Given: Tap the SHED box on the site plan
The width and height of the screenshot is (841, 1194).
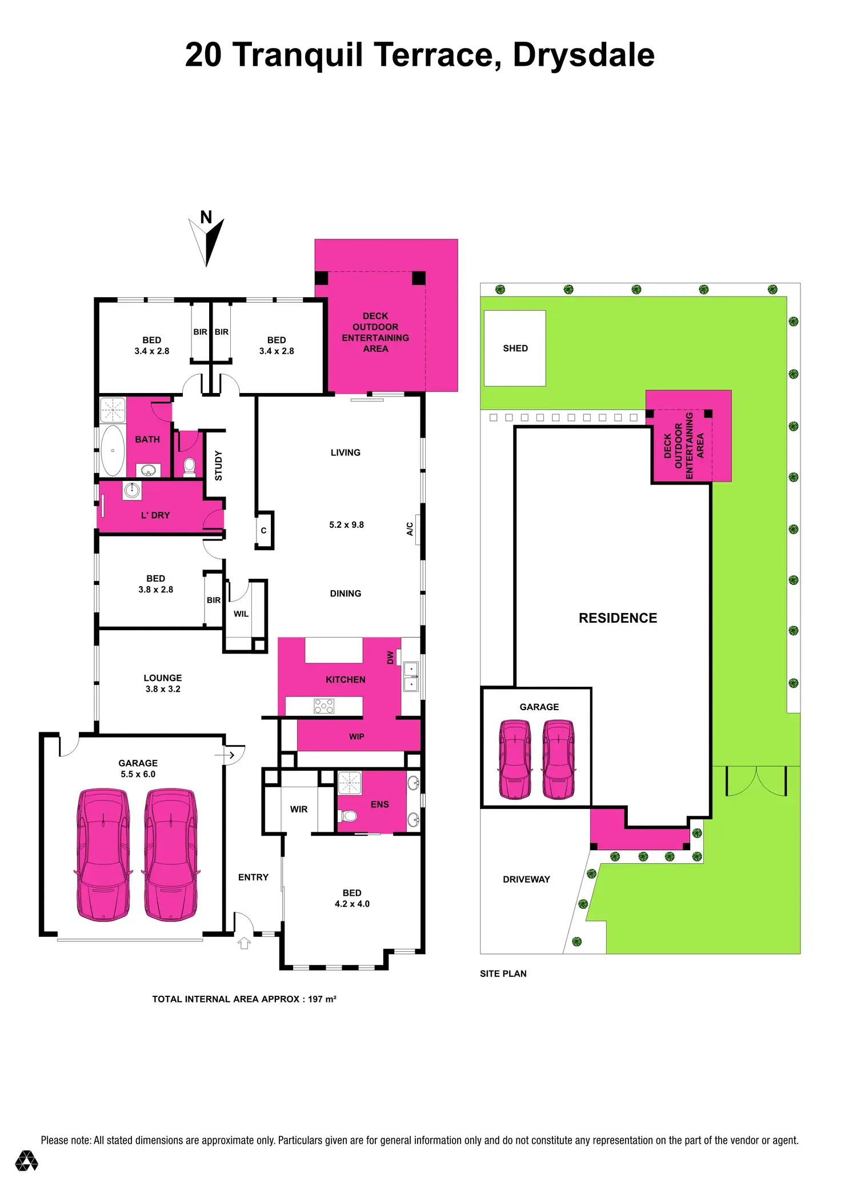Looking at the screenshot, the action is pyautogui.click(x=515, y=348).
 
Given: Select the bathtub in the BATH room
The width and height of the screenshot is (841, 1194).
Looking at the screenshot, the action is pyautogui.click(x=113, y=450).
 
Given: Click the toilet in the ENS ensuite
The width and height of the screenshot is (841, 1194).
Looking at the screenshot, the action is pyautogui.click(x=348, y=815).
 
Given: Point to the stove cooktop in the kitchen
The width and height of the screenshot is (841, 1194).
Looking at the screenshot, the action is pyautogui.click(x=324, y=706).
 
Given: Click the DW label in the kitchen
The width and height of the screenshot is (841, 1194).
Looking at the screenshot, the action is pyautogui.click(x=390, y=658).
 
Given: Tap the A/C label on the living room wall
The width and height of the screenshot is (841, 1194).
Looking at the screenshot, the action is pyautogui.click(x=410, y=529).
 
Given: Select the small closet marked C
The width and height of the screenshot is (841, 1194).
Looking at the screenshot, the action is pyautogui.click(x=263, y=531).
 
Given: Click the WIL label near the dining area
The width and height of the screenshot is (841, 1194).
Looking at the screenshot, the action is pyautogui.click(x=241, y=614).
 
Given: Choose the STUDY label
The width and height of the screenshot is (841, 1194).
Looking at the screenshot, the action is pyautogui.click(x=218, y=466).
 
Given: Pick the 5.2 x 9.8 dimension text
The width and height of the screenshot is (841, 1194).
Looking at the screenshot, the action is pyautogui.click(x=346, y=524).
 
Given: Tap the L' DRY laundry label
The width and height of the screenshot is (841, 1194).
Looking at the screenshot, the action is pyautogui.click(x=155, y=515).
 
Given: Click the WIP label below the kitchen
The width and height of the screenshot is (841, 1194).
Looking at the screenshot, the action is pyautogui.click(x=357, y=736).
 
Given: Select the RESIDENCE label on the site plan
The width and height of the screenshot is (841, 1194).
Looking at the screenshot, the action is pyautogui.click(x=618, y=618).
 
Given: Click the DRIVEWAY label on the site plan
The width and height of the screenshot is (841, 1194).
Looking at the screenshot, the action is pyautogui.click(x=526, y=879).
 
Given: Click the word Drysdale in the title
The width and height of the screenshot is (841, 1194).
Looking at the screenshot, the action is pyautogui.click(x=583, y=55).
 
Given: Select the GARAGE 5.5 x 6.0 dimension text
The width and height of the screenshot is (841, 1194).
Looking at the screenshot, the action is pyautogui.click(x=138, y=774).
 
